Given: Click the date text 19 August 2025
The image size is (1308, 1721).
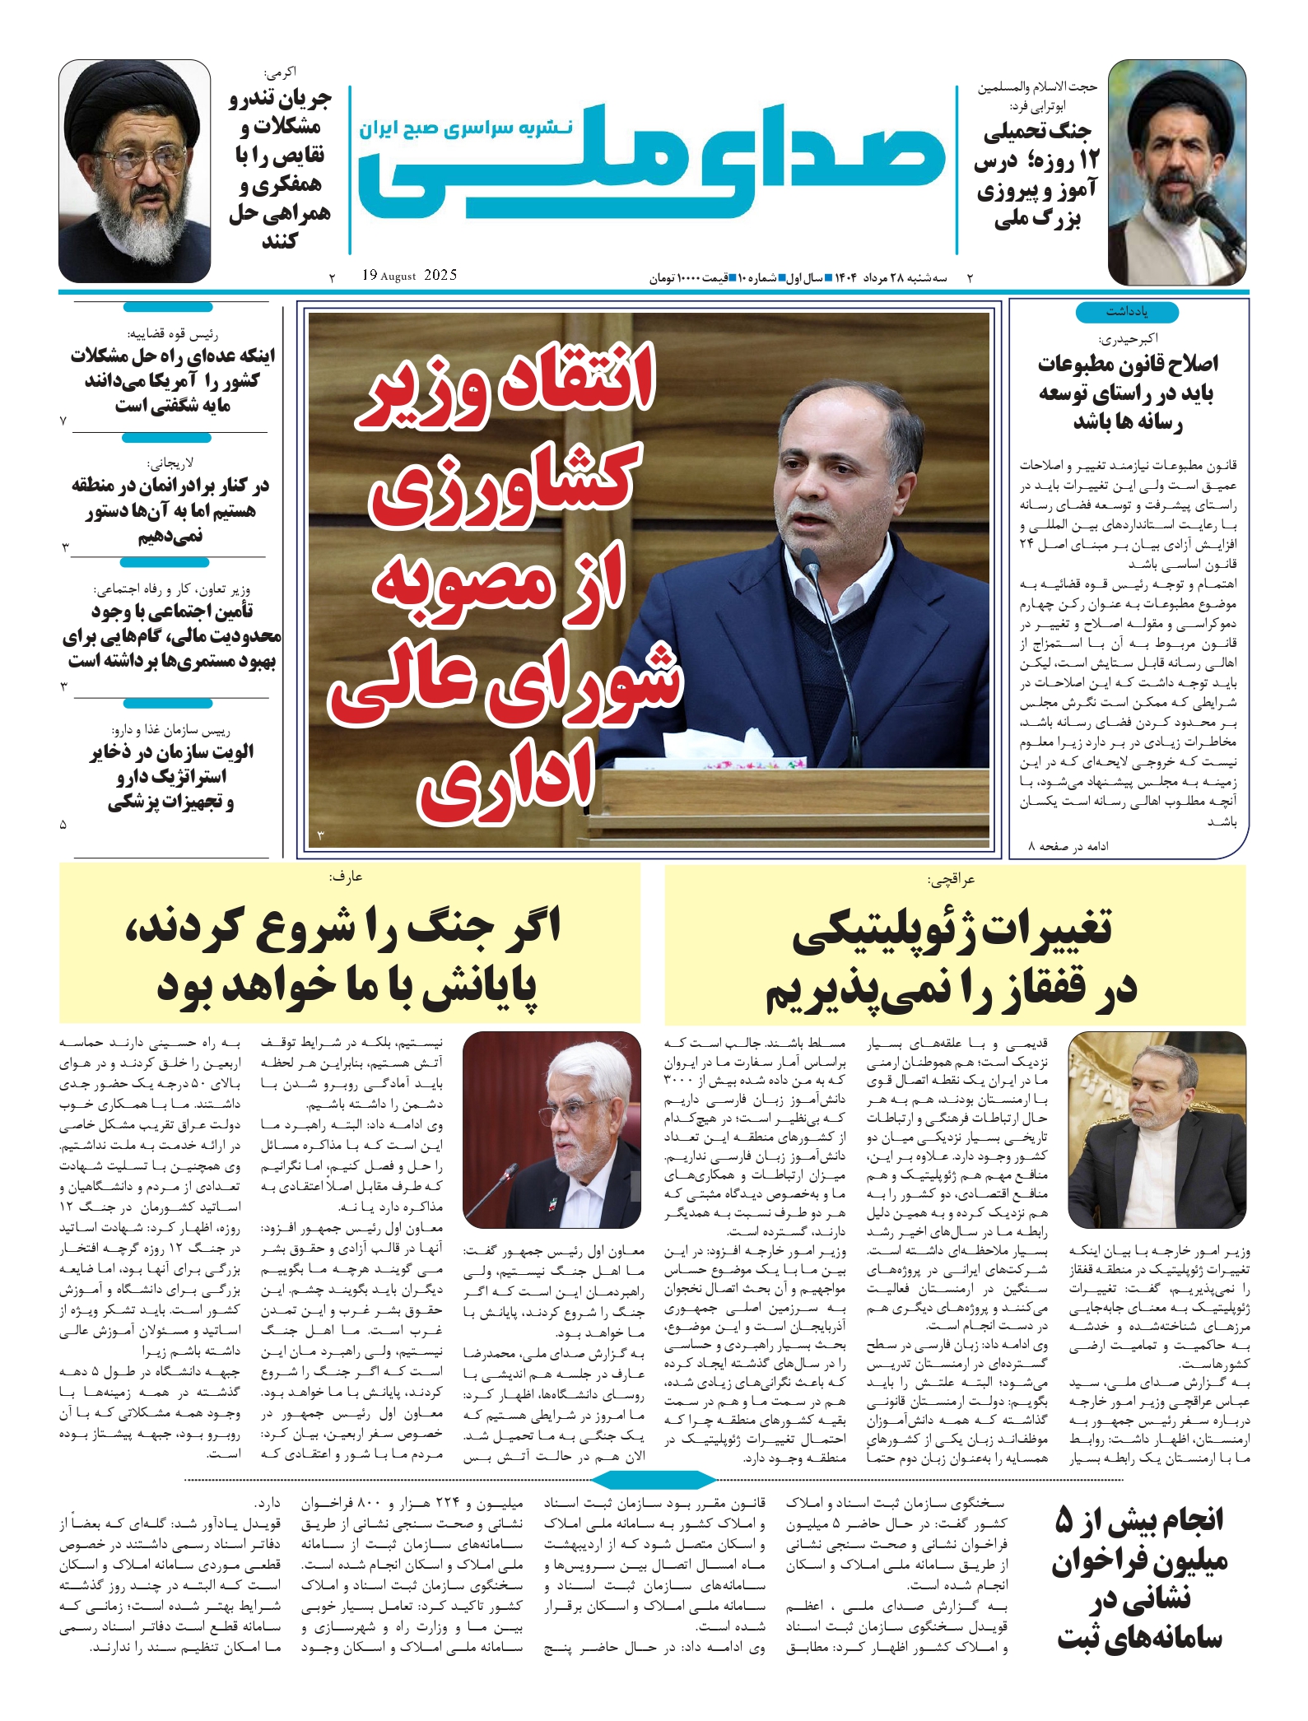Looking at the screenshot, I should (409, 276).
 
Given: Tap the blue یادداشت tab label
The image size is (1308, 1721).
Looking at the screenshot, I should (1127, 312).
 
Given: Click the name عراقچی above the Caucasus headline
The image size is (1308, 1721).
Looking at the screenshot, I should (951, 880).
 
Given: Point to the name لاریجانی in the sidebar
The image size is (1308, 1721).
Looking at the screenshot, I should (170, 463).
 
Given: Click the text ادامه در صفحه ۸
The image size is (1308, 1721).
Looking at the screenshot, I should (1068, 846).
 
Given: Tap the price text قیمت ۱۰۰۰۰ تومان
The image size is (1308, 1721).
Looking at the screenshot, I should (690, 278).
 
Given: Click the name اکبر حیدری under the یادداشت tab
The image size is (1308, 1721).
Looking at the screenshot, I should (1128, 338).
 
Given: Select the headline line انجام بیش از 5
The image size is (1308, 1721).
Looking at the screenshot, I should (1140, 1519).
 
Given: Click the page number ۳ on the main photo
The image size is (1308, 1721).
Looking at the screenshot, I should (320, 836).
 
